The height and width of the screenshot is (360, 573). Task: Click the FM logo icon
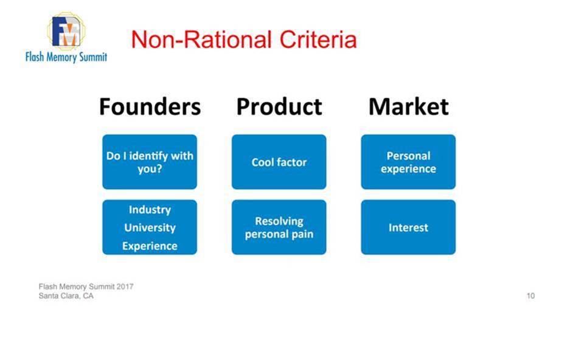66,32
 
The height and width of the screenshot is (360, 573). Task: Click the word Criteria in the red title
318,40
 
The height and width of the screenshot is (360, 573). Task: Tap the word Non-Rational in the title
201,40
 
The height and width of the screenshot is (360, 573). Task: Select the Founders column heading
150,106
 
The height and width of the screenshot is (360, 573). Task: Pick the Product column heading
279,106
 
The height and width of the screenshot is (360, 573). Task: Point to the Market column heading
409,106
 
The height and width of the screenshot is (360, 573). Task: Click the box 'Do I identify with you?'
150,162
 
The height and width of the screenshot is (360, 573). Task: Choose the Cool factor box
279,162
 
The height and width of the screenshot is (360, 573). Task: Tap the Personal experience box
409,162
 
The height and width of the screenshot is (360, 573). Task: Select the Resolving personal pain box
279,227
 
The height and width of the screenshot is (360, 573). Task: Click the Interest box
409,227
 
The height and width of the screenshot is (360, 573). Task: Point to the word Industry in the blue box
150,210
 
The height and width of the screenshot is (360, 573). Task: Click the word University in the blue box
150,227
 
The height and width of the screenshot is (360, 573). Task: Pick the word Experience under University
150,246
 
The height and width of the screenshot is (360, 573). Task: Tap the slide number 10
530,296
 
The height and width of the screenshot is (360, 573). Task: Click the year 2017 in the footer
125,286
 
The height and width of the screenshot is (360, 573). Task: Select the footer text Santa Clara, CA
66,296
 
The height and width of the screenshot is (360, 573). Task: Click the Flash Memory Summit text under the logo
66,57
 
